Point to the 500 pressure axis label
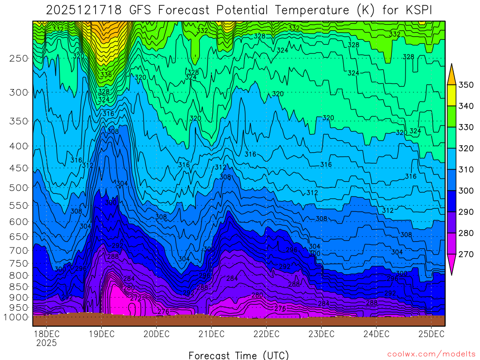19,188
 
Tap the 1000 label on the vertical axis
17,317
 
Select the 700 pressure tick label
19,250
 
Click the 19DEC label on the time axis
101,334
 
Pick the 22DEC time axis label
266,334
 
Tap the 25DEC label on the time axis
431,334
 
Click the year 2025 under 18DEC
46,343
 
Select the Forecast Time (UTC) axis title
239,355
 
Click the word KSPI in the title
418,9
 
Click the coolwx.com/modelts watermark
431,354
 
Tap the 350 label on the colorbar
466,85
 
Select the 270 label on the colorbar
466,255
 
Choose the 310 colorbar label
466,170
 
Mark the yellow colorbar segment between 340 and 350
451,96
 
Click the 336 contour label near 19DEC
106,75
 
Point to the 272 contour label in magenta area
135,298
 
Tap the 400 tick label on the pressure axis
19,146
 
